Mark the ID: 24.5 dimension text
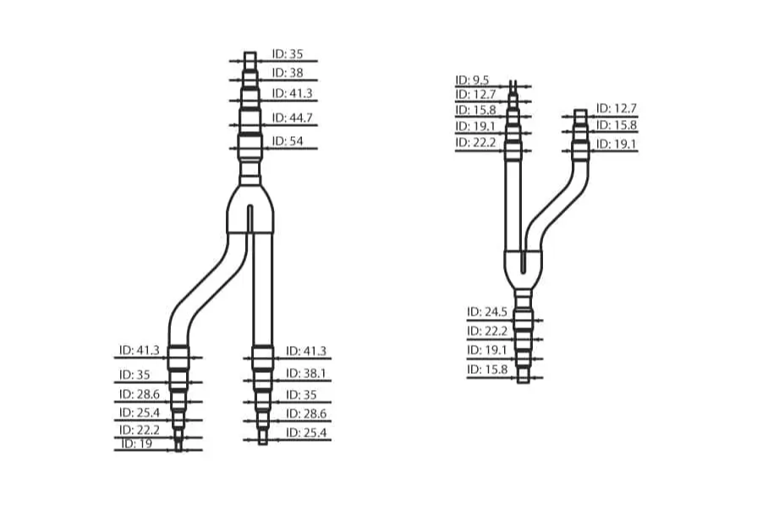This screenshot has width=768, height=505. tap(485, 312)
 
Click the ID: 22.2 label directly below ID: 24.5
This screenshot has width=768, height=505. tap(485, 331)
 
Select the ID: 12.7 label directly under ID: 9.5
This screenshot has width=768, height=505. tap(475, 94)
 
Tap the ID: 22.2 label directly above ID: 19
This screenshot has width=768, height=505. tap(140, 431)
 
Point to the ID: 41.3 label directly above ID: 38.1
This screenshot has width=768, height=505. tap(306, 351)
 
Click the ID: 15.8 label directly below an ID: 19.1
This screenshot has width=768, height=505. tap(485, 370)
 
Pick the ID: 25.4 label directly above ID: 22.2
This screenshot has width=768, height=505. tap(140, 413)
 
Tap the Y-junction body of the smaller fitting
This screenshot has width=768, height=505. tap(524, 266)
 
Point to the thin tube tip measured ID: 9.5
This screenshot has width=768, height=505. tap(514, 85)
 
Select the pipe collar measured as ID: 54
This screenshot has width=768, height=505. tap(250, 143)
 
